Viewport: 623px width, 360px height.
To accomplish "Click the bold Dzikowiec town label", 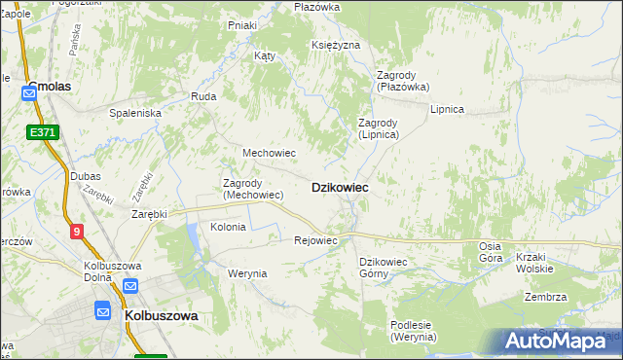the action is pyautogui.click(x=339, y=187).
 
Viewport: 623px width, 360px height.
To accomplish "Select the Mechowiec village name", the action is pyautogui.click(x=269, y=154).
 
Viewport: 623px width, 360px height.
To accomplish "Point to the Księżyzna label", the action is pyautogui.click(x=336, y=46).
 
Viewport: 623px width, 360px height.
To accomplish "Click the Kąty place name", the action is pyautogui.click(x=265, y=56).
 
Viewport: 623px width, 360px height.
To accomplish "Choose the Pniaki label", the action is pyautogui.click(x=241, y=25).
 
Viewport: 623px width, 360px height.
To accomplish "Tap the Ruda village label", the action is pyautogui.click(x=203, y=97).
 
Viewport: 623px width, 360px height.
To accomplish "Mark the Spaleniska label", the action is pyautogui.click(x=134, y=113).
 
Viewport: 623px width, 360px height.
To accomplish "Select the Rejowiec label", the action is pyautogui.click(x=315, y=240).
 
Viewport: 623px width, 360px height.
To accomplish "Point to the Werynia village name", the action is pyautogui.click(x=247, y=273).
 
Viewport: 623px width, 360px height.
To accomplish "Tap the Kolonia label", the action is pyautogui.click(x=228, y=227).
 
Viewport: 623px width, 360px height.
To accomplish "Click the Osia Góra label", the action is pyautogui.click(x=491, y=252).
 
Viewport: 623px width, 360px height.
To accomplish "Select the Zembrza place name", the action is pyautogui.click(x=545, y=298).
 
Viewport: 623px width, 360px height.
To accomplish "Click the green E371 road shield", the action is pyautogui.click(x=42, y=131).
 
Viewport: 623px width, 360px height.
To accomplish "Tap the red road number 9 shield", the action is pyautogui.click(x=77, y=231).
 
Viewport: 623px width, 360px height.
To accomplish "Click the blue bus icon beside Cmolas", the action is pyautogui.click(x=29, y=93).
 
